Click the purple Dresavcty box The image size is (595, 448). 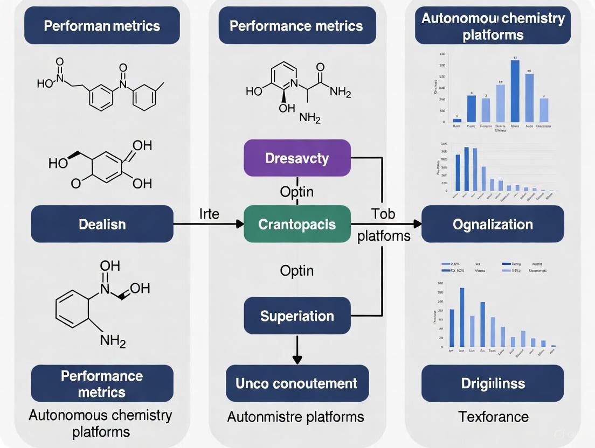(297, 158)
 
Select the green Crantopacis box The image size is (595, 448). (297, 223)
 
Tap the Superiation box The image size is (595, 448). (297, 316)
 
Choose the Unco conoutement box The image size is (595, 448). (297, 383)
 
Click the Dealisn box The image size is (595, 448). (102, 223)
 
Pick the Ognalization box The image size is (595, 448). (493, 223)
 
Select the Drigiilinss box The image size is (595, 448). (493, 383)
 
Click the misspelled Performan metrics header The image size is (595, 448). (102, 25)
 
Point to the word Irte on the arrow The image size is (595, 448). (209, 214)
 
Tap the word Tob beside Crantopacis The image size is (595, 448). (383, 214)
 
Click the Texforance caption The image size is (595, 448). (493, 416)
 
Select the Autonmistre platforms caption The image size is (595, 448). (295, 417)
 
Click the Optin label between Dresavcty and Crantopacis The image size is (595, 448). (297, 192)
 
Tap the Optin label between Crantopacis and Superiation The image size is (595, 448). (297, 270)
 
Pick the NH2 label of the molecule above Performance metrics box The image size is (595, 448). (113, 340)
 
